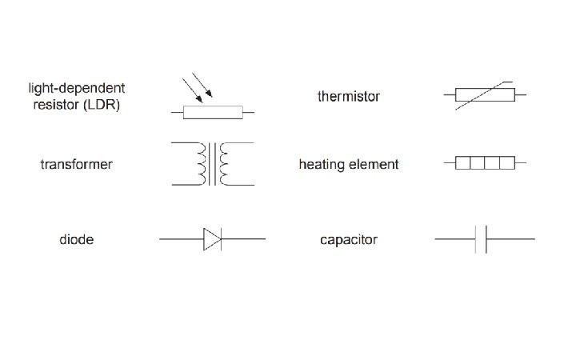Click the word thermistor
click(x=348, y=97)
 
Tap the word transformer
click(x=76, y=165)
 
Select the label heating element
click(x=348, y=165)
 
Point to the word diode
click(x=76, y=239)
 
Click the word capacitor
click(x=348, y=239)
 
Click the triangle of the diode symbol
click(x=211, y=238)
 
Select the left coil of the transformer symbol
click(x=200, y=164)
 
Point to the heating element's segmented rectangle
click(x=483, y=163)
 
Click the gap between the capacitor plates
click(x=481, y=238)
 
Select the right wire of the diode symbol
click(x=243, y=238)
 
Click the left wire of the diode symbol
click(x=180, y=238)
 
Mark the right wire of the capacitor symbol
click(x=510, y=238)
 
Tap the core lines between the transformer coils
click(x=213, y=164)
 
